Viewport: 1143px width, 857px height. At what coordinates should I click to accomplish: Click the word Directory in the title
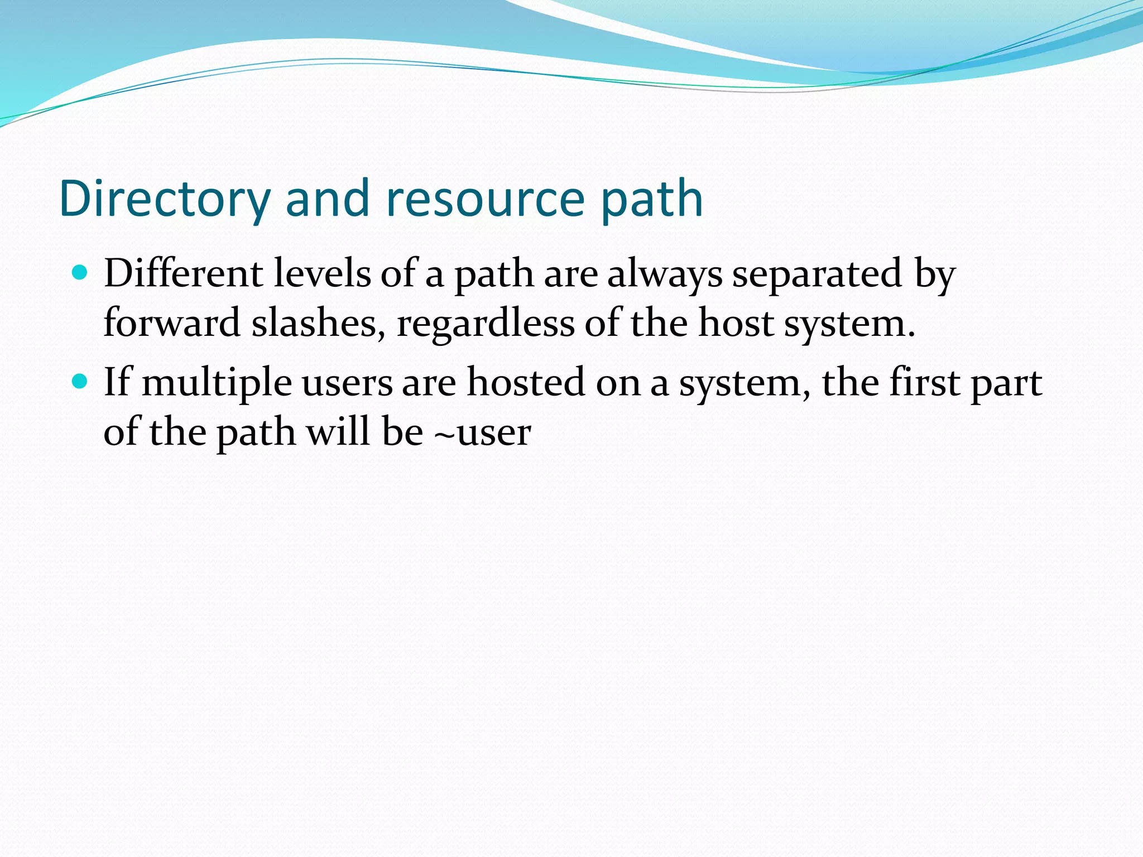(165, 199)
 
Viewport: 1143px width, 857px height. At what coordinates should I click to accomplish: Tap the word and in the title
(328, 199)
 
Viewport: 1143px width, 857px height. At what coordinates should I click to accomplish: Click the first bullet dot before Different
(80, 273)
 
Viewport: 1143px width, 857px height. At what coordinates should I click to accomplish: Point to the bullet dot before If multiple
(80, 382)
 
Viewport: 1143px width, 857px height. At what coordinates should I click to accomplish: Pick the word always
(665, 275)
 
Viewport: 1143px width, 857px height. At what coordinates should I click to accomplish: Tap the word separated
(817, 275)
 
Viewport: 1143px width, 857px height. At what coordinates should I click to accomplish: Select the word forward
(172, 323)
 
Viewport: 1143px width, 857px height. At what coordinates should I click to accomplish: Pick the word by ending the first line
(935, 275)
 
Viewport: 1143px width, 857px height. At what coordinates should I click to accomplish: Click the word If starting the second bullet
(117, 382)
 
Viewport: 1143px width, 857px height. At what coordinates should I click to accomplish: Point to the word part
(1006, 383)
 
